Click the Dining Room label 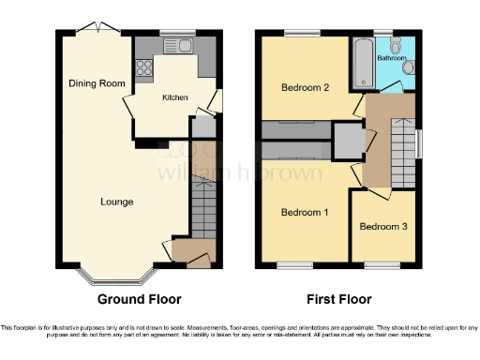point(97,83)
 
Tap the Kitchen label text point(175,97)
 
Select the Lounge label point(117,202)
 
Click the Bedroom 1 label point(305,212)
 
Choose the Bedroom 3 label point(382,226)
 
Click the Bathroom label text point(391,56)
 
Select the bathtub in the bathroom point(362,65)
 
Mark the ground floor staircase point(203,208)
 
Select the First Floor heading point(335,300)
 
